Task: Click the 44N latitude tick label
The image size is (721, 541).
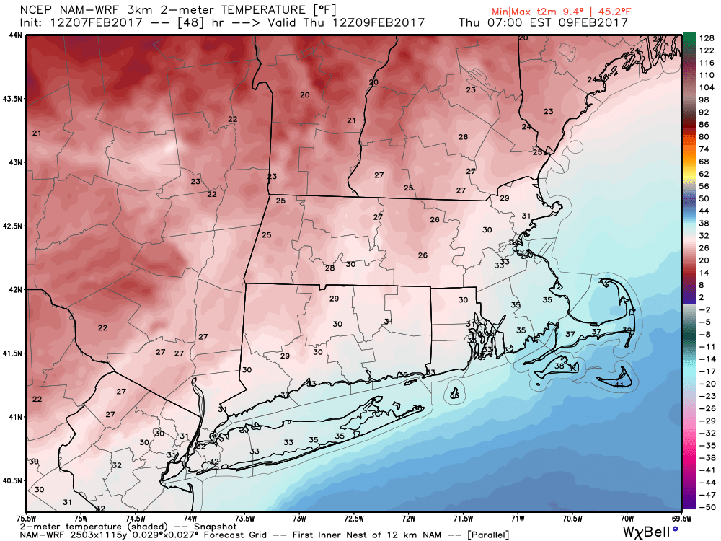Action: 14,35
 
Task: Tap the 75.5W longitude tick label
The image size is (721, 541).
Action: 26,517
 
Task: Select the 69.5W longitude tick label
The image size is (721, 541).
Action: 681,517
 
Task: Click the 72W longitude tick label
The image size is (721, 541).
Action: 409,517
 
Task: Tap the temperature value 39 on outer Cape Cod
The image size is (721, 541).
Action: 627,330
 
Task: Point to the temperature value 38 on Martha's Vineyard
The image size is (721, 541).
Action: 559,366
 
